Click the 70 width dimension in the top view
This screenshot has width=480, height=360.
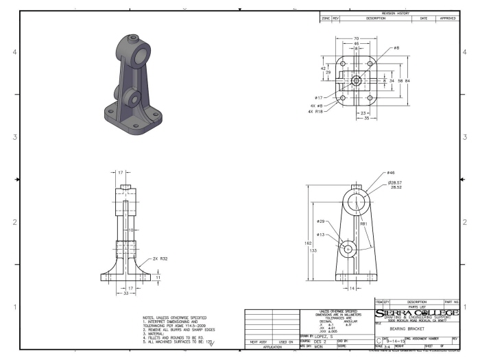[355, 38]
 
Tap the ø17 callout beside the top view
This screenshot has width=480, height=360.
[319, 98]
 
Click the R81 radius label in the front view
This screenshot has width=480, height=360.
[364, 224]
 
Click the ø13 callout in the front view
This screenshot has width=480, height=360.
[320, 235]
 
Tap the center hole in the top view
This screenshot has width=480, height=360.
[355, 80]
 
